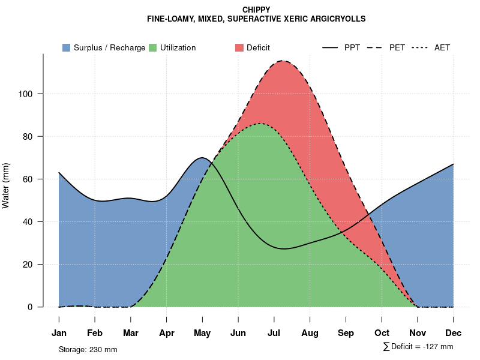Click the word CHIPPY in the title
[256, 10]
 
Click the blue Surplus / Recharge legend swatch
[67, 47]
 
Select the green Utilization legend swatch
[153, 47]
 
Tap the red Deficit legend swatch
[239, 47]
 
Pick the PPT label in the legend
[352, 48]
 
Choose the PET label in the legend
[397, 48]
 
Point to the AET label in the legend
[442, 48]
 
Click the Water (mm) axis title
[6, 186]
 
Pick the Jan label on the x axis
[59, 333]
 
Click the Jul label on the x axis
[274, 333]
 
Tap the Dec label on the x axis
[454, 333]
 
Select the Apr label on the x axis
[167, 333]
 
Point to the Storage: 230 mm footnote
[88, 349]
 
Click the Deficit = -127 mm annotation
[418, 347]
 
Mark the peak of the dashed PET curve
[282, 61]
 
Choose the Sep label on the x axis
[346, 333]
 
